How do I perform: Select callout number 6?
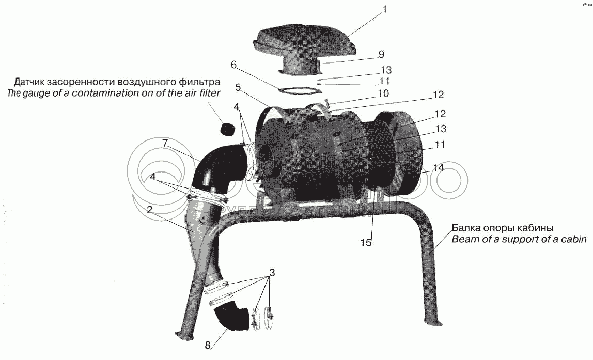[234, 65]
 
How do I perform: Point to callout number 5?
[238, 88]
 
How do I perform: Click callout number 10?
[383, 93]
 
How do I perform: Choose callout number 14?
[439, 168]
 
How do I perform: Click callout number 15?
[366, 243]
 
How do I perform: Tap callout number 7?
[165, 143]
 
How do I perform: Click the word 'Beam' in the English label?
[464, 239]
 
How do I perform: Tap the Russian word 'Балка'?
[464, 228]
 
